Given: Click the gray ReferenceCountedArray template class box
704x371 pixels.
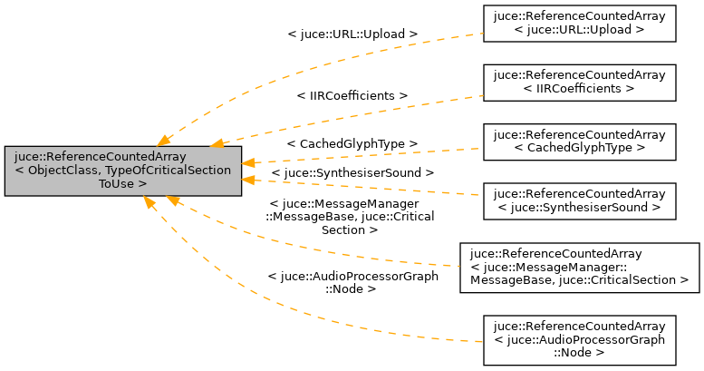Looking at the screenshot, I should click(122, 170).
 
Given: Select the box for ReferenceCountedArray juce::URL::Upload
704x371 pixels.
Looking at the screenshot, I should click(579, 23).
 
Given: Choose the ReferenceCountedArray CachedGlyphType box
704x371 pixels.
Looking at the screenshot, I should click(579, 142).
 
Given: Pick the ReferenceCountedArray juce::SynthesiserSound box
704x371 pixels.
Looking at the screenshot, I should click(579, 200).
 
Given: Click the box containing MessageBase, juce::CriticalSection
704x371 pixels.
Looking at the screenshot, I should click(579, 267).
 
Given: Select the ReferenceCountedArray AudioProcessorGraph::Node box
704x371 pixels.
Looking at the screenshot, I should click(579, 339).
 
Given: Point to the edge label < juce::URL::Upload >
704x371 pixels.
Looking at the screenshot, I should click(352, 34).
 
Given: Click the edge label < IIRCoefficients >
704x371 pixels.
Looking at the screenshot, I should click(352, 94).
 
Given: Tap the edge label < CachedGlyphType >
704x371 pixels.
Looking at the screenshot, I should click(352, 143).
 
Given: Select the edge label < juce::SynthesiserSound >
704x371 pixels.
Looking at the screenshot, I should click(353, 171).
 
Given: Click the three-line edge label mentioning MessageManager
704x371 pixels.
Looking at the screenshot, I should click(350, 217).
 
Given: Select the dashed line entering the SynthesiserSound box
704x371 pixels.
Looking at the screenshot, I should click(453, 192).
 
